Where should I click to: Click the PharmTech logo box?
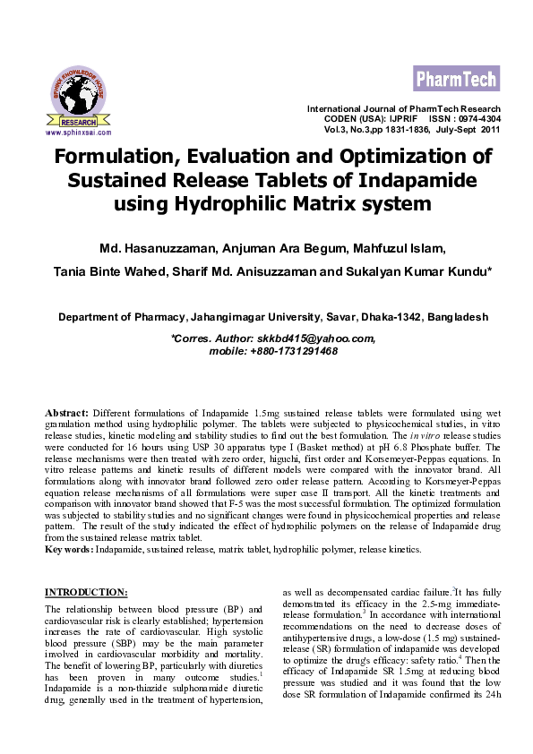tap(456, 79)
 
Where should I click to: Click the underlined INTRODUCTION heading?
tap(86, 592)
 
